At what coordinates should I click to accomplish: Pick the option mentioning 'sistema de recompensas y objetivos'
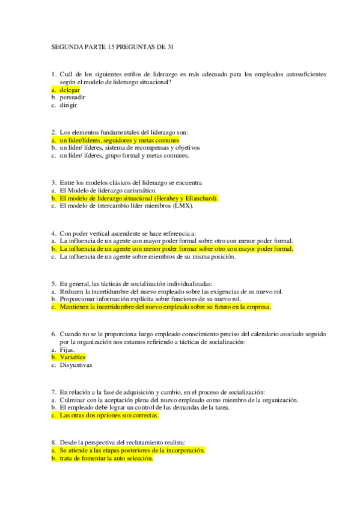(x=130, y=147)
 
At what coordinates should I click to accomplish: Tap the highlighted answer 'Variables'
(x=73, y=357)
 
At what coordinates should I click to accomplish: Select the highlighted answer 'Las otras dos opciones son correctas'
(x=109, y=415)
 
